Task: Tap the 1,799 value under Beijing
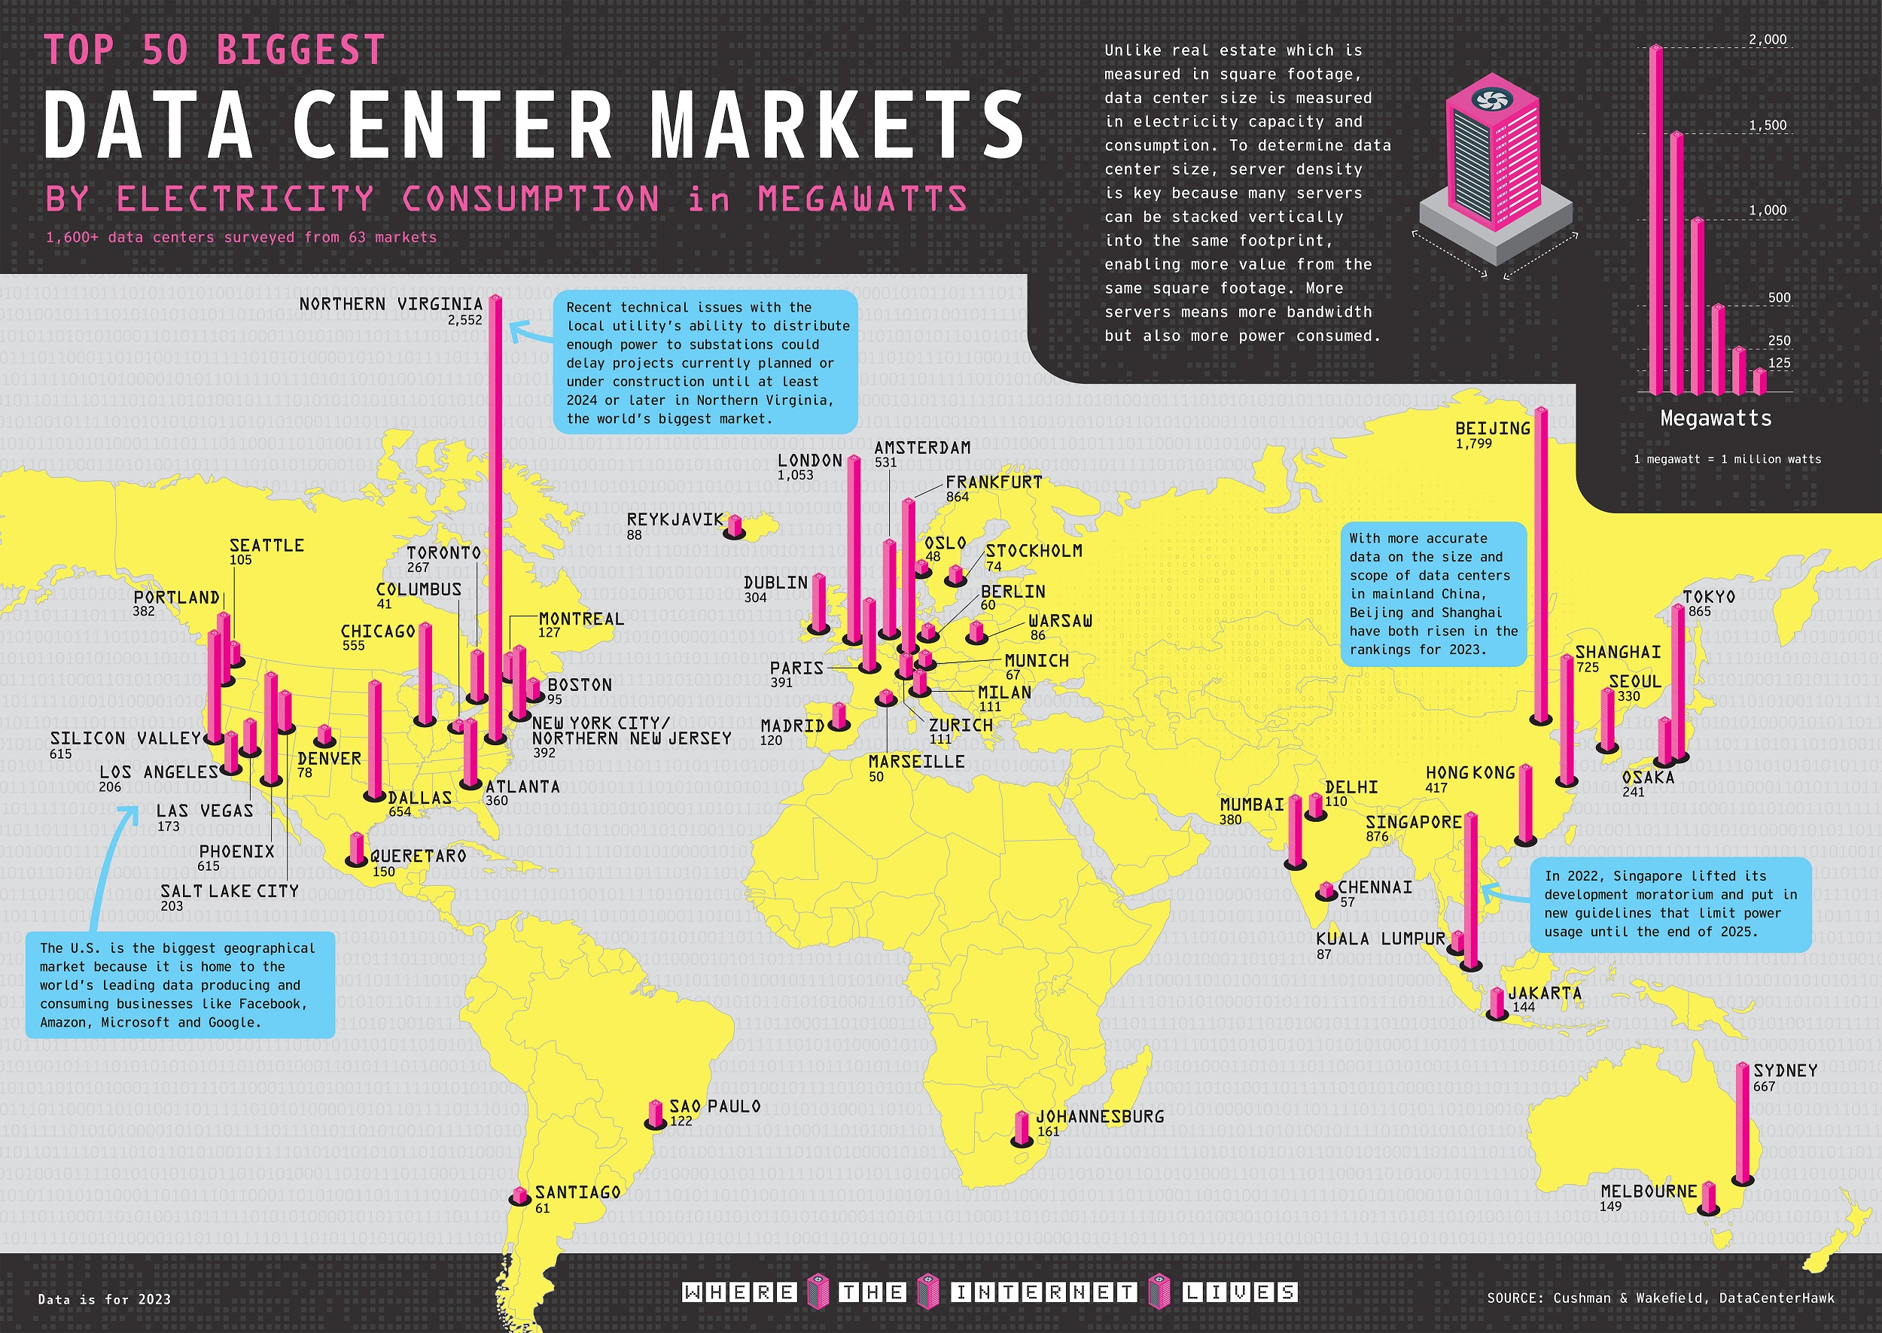[1473, 444]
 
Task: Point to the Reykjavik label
[675, 519]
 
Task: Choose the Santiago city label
[578, 1191]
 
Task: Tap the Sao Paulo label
[715, 1106]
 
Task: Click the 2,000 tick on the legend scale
[1767, 39]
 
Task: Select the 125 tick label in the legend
[1779, 363]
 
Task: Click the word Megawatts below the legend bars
[1716, 418]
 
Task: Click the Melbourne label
[1648, 1191]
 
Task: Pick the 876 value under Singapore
[1377, 837]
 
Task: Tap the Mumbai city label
[1252, 805]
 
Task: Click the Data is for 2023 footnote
[104, 1299]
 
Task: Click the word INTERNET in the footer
[1044, 1293]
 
